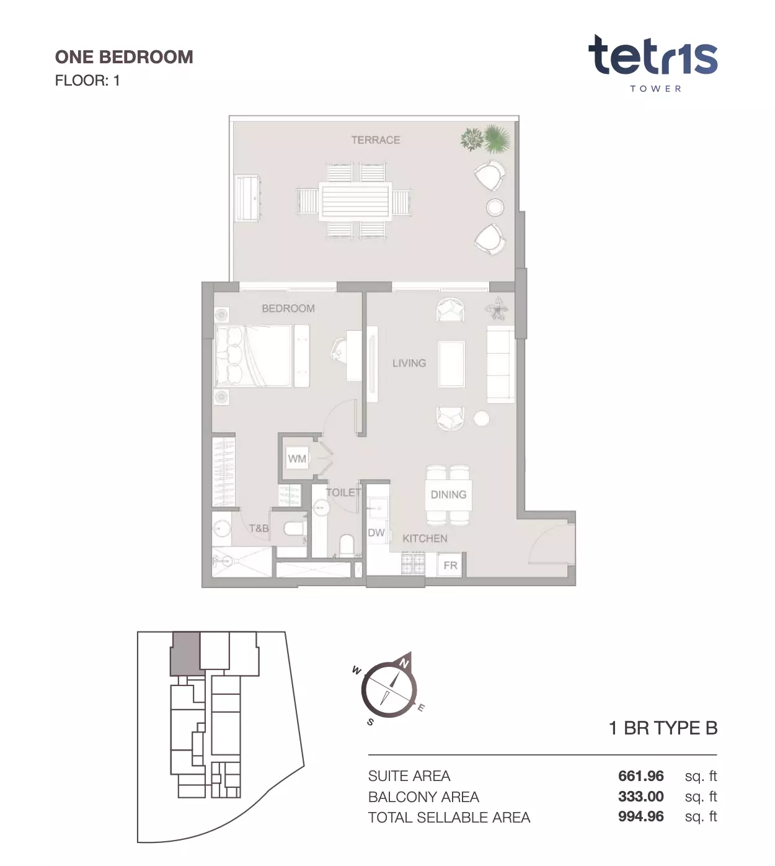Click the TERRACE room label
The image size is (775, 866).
point(376,140)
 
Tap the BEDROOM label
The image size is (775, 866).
point(288,308)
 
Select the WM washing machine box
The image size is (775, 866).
point(297,458)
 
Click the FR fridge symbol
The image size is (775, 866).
point(450,565)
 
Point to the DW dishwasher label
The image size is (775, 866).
point(376,533)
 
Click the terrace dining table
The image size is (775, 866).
point(355,201)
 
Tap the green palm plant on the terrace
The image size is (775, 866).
point(497,138)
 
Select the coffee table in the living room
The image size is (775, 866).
point(451,364)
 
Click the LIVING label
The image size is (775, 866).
point(409,364)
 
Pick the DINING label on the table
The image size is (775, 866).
point(448,494)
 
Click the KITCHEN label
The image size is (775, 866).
point(425,538)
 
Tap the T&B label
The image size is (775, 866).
point(259,529)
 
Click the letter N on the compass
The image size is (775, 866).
point(404,664)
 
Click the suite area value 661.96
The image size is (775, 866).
point(641,776)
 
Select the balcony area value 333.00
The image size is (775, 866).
point(641,797)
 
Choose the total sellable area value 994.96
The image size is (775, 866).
point(641,816)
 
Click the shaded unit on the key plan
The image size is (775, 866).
point(186,654)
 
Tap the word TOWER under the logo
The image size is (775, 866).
point(655,89)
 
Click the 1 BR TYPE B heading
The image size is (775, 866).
point(663,728)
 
